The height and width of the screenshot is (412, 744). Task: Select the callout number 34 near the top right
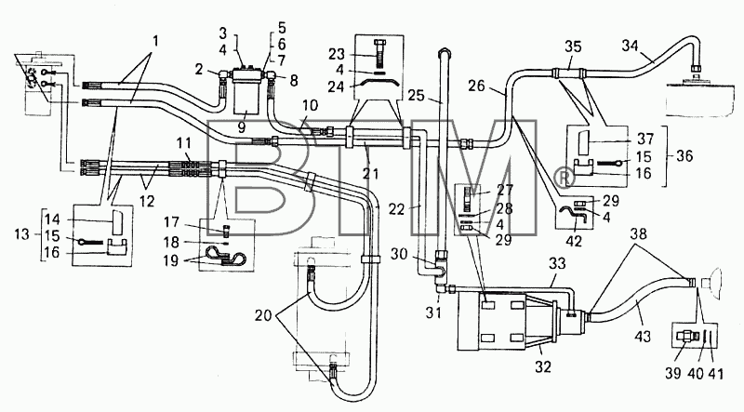tap(631, 46)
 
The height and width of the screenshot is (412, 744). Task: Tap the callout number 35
tap(573, 47)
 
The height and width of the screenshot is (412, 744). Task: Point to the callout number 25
tap(416, 95)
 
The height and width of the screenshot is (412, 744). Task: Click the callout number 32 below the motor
tap(543, 366)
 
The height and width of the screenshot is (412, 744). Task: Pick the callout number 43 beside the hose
tap(643, 337)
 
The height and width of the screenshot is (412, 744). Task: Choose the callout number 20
tap(263, 315)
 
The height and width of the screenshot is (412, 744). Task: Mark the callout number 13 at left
tap(21, 234)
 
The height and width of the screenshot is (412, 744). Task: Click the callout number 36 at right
tap(684, 155)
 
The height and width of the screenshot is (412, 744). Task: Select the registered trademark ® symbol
tap(565, 178)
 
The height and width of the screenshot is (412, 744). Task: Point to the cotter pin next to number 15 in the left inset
tap(89, 242)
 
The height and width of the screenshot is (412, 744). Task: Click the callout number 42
tap(574, 241)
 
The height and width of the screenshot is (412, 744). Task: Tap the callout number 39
tap(672, 373)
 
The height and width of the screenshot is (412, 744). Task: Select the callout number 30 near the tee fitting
tap(399, 255)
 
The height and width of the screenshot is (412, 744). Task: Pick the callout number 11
tap(184, 143)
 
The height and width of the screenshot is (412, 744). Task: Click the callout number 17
tap(172, 221)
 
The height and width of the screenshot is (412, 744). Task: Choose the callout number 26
tap(477, 86)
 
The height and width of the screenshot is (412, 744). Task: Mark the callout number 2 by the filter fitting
tap(199, 71)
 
